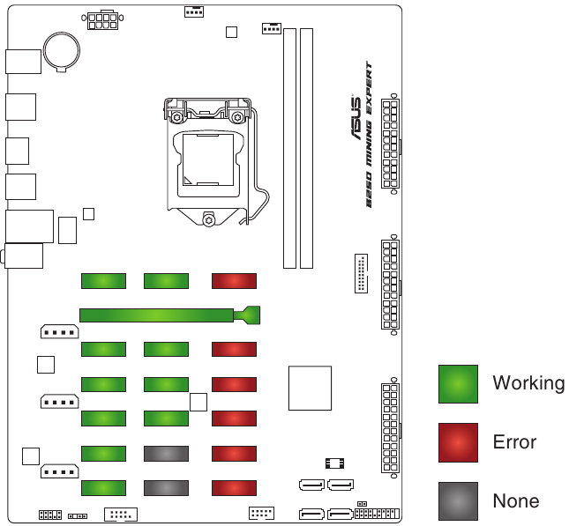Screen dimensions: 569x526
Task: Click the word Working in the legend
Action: (528, 383)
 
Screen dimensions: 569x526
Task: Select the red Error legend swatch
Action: (458, 442)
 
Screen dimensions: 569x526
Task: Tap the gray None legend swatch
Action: (458, 501)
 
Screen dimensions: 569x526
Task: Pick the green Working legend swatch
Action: (458, 384)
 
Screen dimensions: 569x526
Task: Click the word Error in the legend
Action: (514, 442)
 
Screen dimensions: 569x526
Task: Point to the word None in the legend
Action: (516, 501)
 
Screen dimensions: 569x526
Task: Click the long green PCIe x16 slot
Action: (170, 315)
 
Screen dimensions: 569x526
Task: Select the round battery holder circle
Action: (62, 51)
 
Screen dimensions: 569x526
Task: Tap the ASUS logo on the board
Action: (356, 117)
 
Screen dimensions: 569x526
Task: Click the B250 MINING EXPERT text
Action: (369, 135)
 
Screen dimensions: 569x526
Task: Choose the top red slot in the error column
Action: (234, 281)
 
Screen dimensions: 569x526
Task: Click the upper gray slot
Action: (166, 454)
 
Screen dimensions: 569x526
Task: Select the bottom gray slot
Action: (166, 488)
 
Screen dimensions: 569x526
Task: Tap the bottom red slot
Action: (234, 488)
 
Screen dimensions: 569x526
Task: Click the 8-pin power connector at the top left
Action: (102, 20)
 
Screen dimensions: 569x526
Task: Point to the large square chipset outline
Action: (310, 388)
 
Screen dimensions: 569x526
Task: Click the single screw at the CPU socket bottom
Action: (209, 220)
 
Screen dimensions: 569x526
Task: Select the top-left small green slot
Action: (103, 281)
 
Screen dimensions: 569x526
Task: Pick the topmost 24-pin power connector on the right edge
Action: (391, 144)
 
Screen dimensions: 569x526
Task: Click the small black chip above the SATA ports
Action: (334, 463)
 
